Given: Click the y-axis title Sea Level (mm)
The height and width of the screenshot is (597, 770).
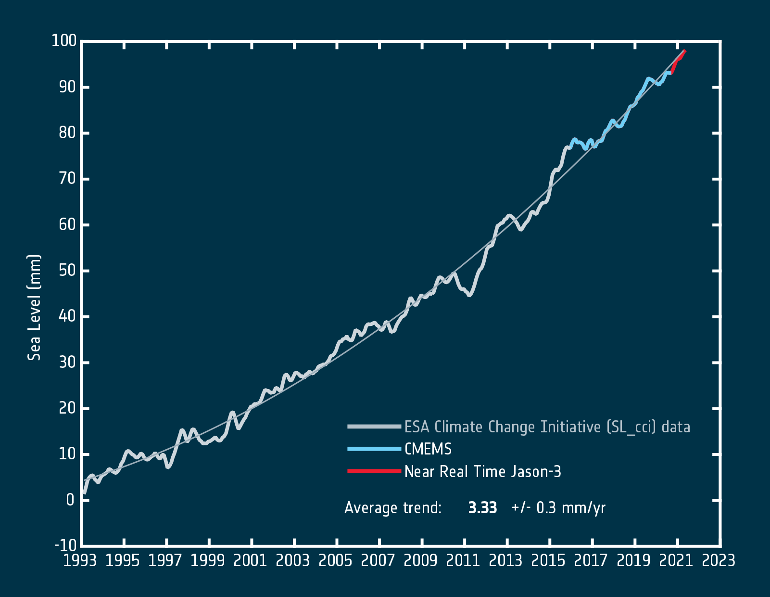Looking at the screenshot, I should click(34, 308).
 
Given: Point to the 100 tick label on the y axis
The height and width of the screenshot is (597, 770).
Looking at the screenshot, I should click(64, 41).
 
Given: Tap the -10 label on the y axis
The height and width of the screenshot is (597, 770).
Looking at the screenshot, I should click(65, 545).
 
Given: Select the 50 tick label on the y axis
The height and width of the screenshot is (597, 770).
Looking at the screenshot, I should click(67, 271).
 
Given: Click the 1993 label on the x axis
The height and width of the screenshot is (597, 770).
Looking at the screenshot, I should click(80, 561).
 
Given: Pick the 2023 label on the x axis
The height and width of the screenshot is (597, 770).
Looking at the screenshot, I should click(719, 561).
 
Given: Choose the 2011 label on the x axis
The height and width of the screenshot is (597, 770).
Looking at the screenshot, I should click(463, 561).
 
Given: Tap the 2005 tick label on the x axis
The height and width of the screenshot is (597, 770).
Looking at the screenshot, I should click(335, 561).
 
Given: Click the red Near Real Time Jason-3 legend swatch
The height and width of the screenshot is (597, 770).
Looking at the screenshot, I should click(374, 471).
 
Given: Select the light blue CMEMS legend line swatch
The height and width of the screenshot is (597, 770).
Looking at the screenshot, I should click(374, 449).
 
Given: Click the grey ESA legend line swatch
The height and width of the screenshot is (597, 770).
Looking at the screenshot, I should click(374, 427).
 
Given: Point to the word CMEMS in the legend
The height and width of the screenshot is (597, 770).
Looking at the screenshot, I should click(428, 449).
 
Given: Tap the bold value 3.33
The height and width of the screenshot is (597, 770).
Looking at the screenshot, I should click(482, 508).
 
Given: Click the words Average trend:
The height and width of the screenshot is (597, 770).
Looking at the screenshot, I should click(393, 508).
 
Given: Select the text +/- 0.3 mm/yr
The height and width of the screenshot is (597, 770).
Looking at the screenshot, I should click(558, 508).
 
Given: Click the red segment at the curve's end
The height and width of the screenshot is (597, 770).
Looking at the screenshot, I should click(678, 61).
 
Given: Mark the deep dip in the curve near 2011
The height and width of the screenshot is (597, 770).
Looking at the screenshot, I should click(469, 295).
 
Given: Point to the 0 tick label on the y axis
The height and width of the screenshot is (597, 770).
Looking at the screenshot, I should click(70, 500).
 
